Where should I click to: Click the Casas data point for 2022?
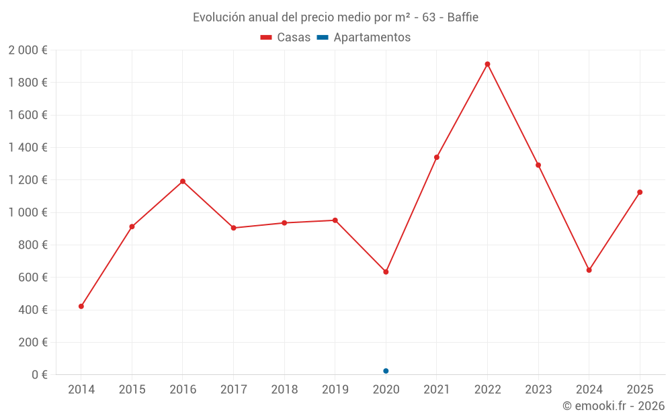(x=487, y=65)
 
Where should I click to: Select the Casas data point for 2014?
(x=81, y=306)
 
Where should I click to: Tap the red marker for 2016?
(x=183, y=181)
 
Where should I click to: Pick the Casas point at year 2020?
(x=386, y=272)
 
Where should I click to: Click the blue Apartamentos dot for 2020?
(x=386, y=371)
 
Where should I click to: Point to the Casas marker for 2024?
(x=589, y=270)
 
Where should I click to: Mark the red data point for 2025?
(x=640, y=192)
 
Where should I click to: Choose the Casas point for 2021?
(x=437, y=157)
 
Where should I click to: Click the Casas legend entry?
(x=286, y=38)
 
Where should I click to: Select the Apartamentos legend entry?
(x=364, y=38)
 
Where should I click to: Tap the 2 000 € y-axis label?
(x=28, y=50)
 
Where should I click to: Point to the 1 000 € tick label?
(x=28, y=212)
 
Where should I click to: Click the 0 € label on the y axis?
(x=38, y=375)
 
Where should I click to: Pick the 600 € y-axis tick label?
(x=32, y=278)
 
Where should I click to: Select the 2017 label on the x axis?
(x=233, y=390)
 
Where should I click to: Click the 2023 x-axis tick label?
(x=538, y=390)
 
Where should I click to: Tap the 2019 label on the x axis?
(x=335, y=390)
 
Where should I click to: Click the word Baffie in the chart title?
(x=462, y=17)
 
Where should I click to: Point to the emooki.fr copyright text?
(x=614, y=406)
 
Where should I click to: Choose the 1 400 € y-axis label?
(x=28, y=148)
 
